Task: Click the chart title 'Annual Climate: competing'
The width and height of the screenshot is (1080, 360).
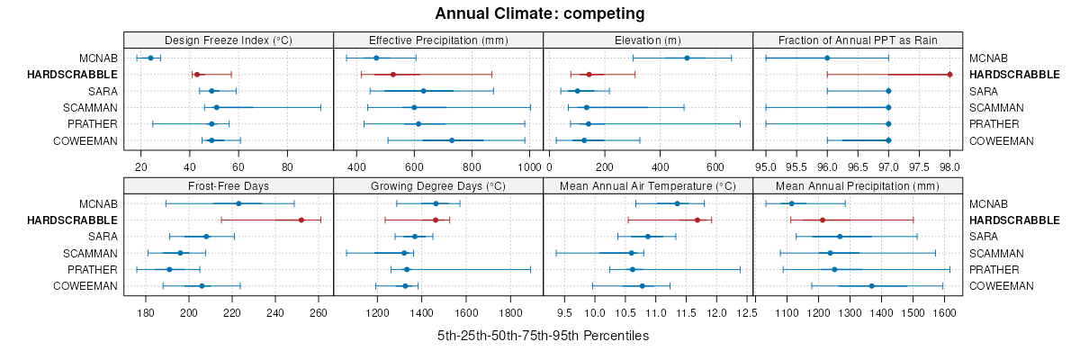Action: pyautogui.click(x=540, y=13)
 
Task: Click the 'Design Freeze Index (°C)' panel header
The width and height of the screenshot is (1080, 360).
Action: pyautogui.click(x=229, y=40)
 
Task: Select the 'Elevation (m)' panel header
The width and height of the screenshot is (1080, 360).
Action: pyautogui.click(x=648, y=40)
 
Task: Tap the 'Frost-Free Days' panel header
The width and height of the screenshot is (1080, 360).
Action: pyautogui.click(x=229, y=185)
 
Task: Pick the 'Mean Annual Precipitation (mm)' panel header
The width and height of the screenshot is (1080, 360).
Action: pyautogui.click(x=858, y=185)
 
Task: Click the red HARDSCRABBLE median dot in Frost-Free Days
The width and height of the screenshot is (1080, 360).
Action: pyautogui.click(x=301, y=220)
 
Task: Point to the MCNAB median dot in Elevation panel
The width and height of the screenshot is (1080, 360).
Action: pyautogui.click(x=687, y=58)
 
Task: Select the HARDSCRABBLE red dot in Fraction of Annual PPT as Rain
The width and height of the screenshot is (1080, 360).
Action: pyautogui.click(x=949, y=74)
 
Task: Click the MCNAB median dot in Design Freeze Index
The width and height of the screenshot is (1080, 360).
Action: pyautogui.click(x=150, y=58)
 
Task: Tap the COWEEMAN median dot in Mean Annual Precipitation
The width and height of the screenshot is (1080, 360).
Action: pyautogui.click(x=871, y=286)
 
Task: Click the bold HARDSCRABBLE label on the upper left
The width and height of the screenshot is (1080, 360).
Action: pyautogui.click(x=72, y=74)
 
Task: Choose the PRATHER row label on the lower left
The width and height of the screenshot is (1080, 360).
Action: pyautogui.click(x=93, y=270)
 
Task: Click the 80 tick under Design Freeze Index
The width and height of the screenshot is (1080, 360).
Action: pyautogui.click(x=287, y=167)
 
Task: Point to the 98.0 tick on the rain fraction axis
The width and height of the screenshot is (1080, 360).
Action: pyautogui.click(x=949, y=167)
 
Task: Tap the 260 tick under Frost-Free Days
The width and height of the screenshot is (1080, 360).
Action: pyautogui.click(x=318, y=313)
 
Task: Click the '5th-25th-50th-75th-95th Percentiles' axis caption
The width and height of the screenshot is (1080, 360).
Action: pyautogui.click(x=543, y=336)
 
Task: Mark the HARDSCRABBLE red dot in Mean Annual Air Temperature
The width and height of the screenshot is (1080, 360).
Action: pyautogui.click(x=697, y=220)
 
